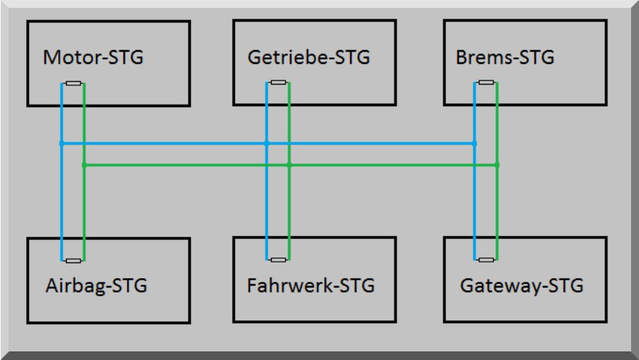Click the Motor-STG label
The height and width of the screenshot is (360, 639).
click(x=93, y=57)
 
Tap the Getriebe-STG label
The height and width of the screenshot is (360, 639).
click(x=308, y=57)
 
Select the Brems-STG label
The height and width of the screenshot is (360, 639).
click(x=505, y=57)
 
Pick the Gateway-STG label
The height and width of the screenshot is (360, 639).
click(x=521, y=285)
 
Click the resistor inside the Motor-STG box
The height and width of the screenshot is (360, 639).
click(x=73, y=83)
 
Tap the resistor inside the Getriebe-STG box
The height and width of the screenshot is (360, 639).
click(x=278, y=82)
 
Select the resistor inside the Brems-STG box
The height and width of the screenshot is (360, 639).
click(x=486, y=82)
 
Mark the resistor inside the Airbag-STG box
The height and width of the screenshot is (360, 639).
click(x=73, y=260)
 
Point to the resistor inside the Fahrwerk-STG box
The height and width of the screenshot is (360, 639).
click(x=278, y=260)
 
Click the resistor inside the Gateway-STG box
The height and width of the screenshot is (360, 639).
click(x=486, y=260)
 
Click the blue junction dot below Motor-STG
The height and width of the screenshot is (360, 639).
click(x=62, y=143)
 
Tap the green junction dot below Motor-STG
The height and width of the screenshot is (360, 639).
click(x=84, y=165)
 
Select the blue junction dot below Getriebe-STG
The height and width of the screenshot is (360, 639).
click(x=266, y=143)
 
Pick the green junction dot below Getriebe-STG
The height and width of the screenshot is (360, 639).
click(x=289, y=165)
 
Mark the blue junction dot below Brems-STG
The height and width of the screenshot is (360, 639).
click(x=475, y=143)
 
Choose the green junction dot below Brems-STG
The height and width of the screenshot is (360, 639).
click(x=497, y=165)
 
